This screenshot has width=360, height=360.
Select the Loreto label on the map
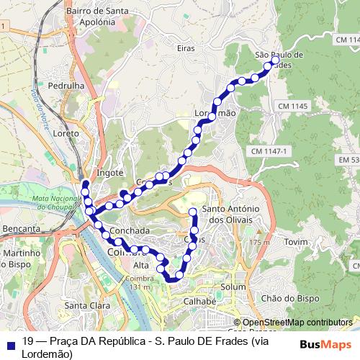[66, 134]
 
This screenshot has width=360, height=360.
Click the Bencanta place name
[22, 228]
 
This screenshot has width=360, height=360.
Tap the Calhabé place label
[199, 301]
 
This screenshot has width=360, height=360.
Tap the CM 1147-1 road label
[270, 151]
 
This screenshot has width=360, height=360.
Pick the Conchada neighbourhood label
[130, 230]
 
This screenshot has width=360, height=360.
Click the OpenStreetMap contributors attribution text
[298, 323]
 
